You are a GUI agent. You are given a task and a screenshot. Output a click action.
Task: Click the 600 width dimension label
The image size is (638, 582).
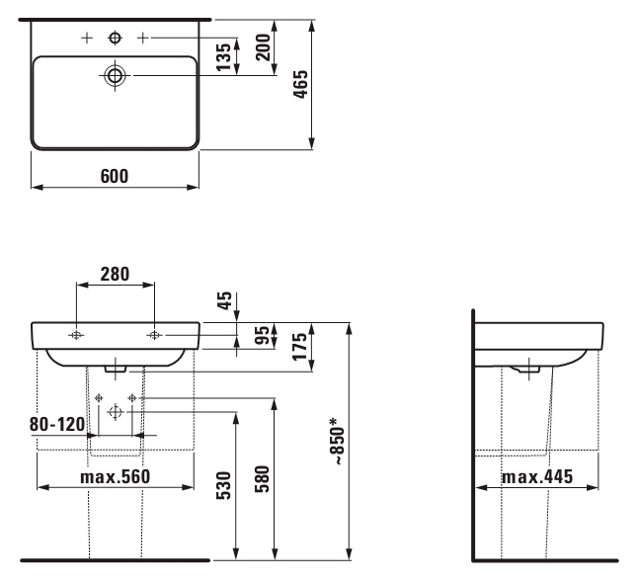tap(115, 176)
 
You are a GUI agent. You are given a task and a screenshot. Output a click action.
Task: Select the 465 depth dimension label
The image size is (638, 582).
tap(301, 84)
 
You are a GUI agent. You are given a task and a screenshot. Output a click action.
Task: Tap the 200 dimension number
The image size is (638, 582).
tap(264, 47)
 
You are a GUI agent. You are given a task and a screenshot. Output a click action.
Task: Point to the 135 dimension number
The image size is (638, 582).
tap(224, 56)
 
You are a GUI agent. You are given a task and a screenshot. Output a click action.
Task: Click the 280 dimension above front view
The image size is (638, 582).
tap(116, 275)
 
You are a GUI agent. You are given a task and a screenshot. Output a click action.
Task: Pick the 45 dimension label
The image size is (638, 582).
tap(224, 300)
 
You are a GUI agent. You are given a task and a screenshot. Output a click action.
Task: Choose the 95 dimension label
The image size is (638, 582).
tap(264, 335)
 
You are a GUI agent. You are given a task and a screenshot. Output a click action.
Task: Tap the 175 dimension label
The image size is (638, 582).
tap(300, 347)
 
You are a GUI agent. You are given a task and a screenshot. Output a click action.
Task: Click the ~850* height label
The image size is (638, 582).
tap(339, 441)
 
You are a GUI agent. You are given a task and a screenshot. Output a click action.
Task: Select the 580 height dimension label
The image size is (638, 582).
tap(263, 479)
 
